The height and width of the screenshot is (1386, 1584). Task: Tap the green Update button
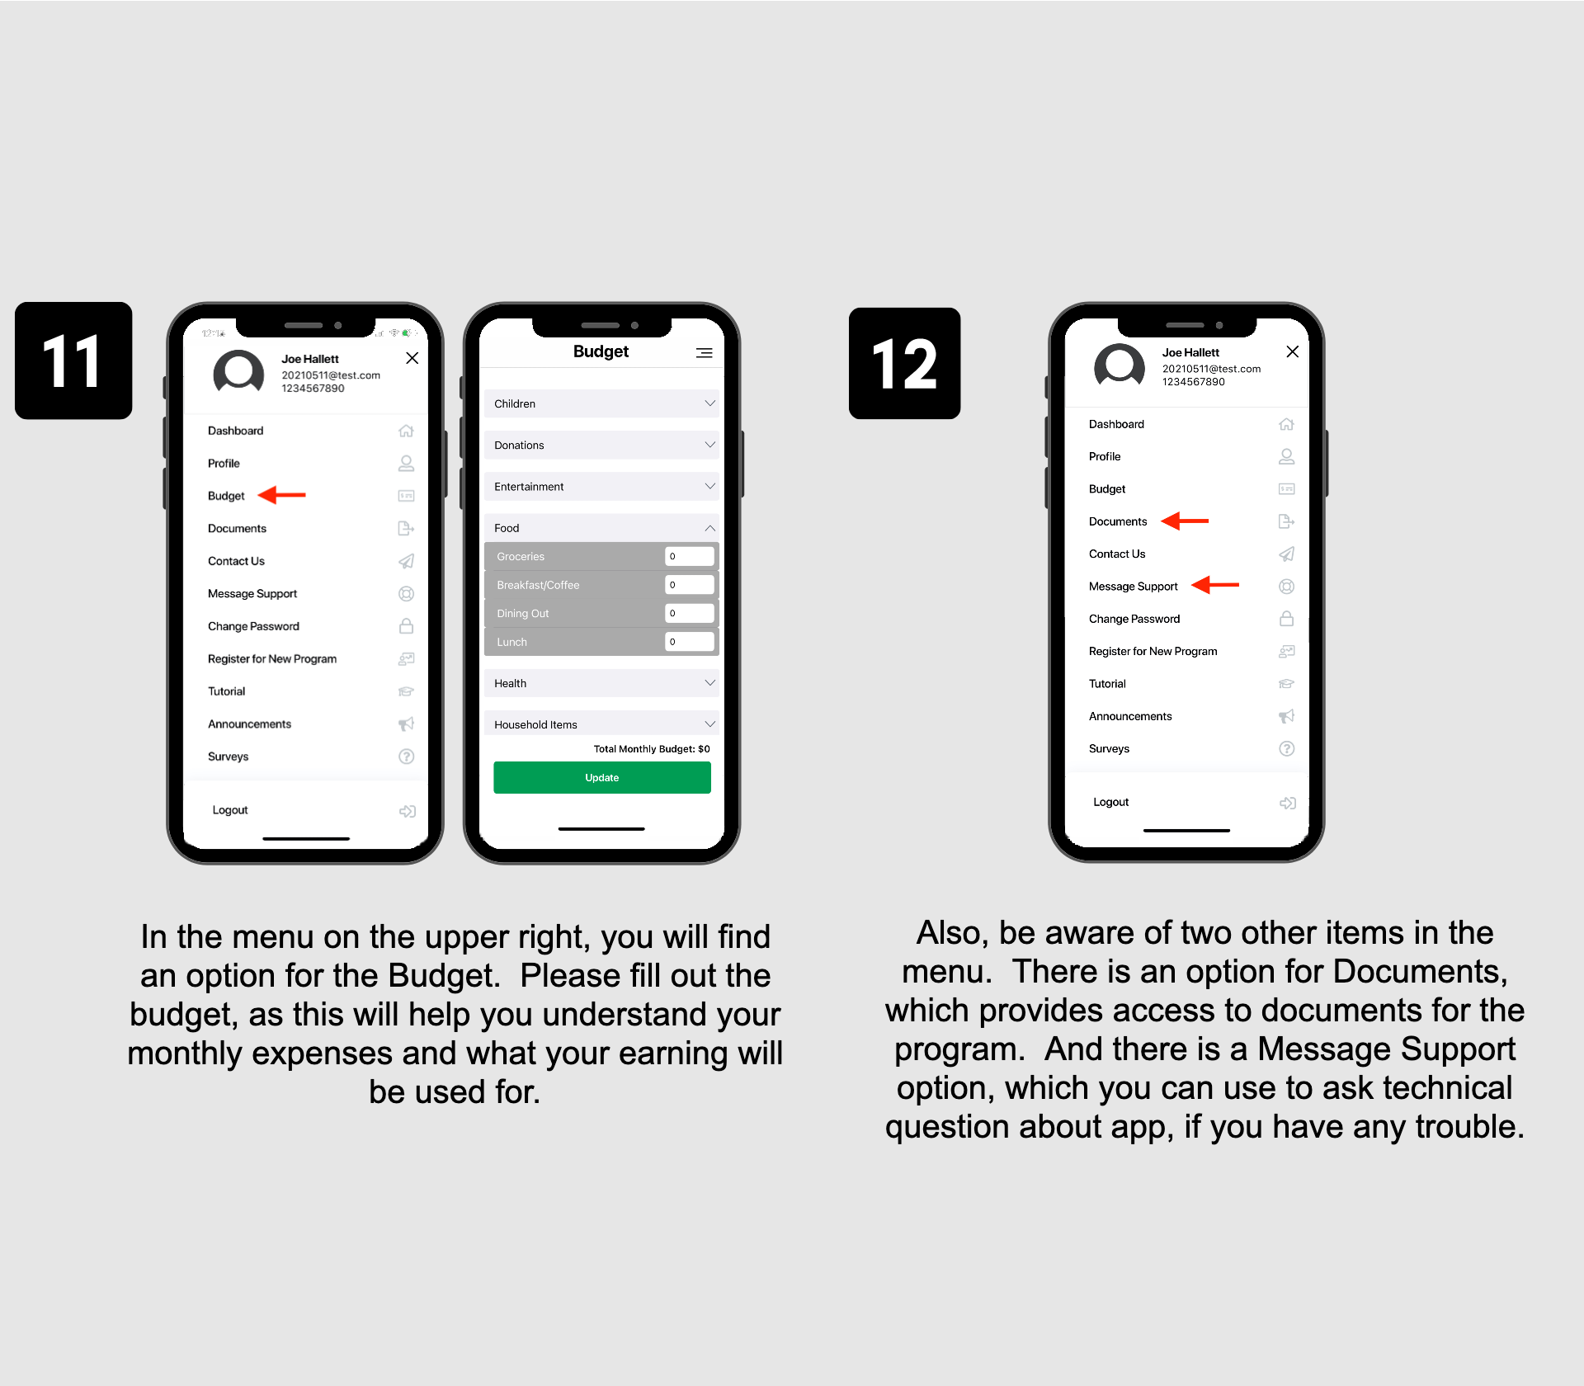click(x=601, y=777)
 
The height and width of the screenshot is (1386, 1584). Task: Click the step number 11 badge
click(x=73, y=361)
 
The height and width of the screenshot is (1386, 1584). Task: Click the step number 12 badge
click(x=904, y=363)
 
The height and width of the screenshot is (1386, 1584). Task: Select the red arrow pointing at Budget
click(x=281, y=495)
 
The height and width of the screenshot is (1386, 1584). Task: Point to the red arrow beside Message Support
click(x=1215, y=585)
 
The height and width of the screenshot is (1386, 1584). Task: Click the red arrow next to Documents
click(x=1185, y=521)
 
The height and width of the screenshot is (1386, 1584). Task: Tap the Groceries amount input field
click(x=689, y=556)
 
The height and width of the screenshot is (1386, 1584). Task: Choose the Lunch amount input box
click(x=689, y=641)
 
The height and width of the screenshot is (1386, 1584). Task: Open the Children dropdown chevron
click(x=709, y=403)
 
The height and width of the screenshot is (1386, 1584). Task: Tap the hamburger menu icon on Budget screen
click(x=704, y=353)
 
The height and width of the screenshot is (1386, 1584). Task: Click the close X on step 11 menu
click(x=412, y=358)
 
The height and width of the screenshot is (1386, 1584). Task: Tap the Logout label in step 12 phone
click(x=1110, y=802)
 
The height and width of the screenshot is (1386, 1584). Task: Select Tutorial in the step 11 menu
click(x=226, y=691)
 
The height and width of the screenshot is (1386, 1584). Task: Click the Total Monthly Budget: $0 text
click(x=652, y=749)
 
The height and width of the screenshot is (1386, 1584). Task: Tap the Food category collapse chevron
click(x=709, y=528)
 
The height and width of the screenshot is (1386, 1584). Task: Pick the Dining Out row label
click(x=522, y=613)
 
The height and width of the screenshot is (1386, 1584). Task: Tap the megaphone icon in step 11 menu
click(x=406, y=724)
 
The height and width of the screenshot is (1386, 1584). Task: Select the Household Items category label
click(x=535, y=724)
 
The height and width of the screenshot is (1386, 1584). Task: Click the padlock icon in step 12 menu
click(x=1286, y=618)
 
